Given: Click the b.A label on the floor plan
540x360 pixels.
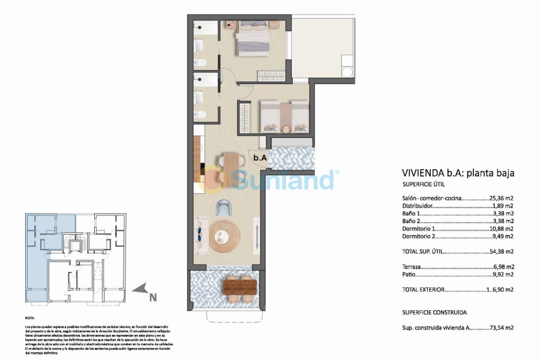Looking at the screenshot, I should (x=259, y=158).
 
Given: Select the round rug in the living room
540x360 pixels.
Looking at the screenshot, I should (x=224, y=234).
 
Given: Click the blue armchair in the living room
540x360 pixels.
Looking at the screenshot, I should (x=224, y=208).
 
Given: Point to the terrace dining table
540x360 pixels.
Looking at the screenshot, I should (x=240, y=287).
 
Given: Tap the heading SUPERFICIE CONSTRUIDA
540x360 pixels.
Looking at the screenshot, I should (x=434, y=313).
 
